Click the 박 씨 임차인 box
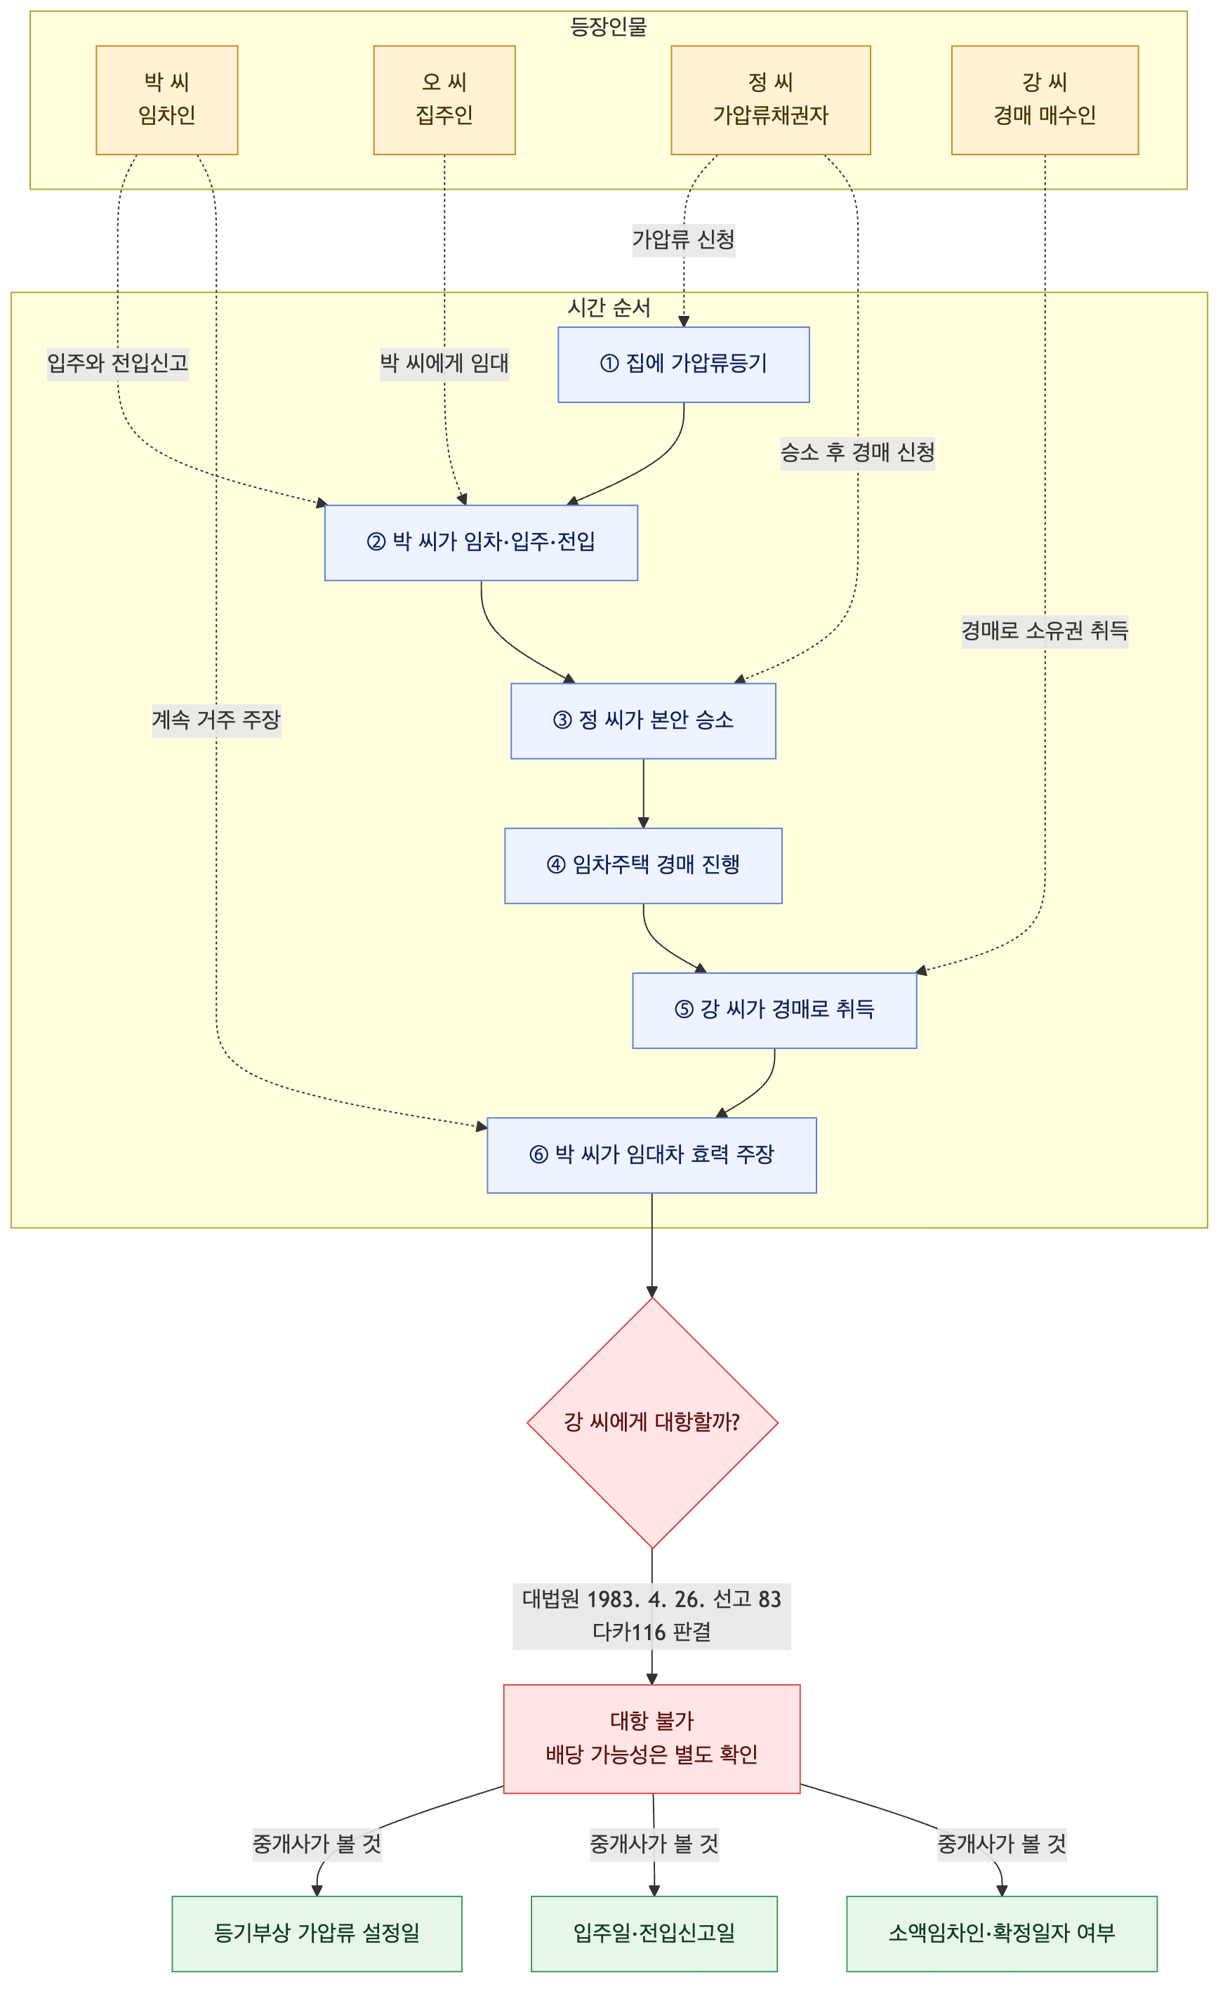click(x=167, y=100)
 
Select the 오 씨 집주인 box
click(x=444, y=100)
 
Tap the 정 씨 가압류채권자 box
click(x=770, y=100)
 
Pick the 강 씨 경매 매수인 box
click(x=1045, y=100)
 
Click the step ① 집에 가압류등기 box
click(x=683, y=364)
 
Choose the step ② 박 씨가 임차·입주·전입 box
click(x=481, y=543)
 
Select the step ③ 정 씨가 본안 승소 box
click(x=642, y=720)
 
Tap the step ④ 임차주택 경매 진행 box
click(x=642, y=866)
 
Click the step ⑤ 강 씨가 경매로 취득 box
click(x=774, y=1010)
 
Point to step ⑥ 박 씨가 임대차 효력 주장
click(x=652, y=1155)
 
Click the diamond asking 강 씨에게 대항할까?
click(x=652, y=1422)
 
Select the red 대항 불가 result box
click(x=652, y=1738)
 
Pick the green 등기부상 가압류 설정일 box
click(x=317, y=1933)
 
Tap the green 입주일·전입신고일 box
click(x=654, y=1933)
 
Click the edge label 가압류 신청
click(x=683, y=240)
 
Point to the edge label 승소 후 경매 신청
click(x=857, y=452)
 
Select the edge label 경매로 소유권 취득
click(x=1045, y=630)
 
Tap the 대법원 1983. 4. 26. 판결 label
click(x=652, y=1616)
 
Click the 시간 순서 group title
click(x=609, y=308)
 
